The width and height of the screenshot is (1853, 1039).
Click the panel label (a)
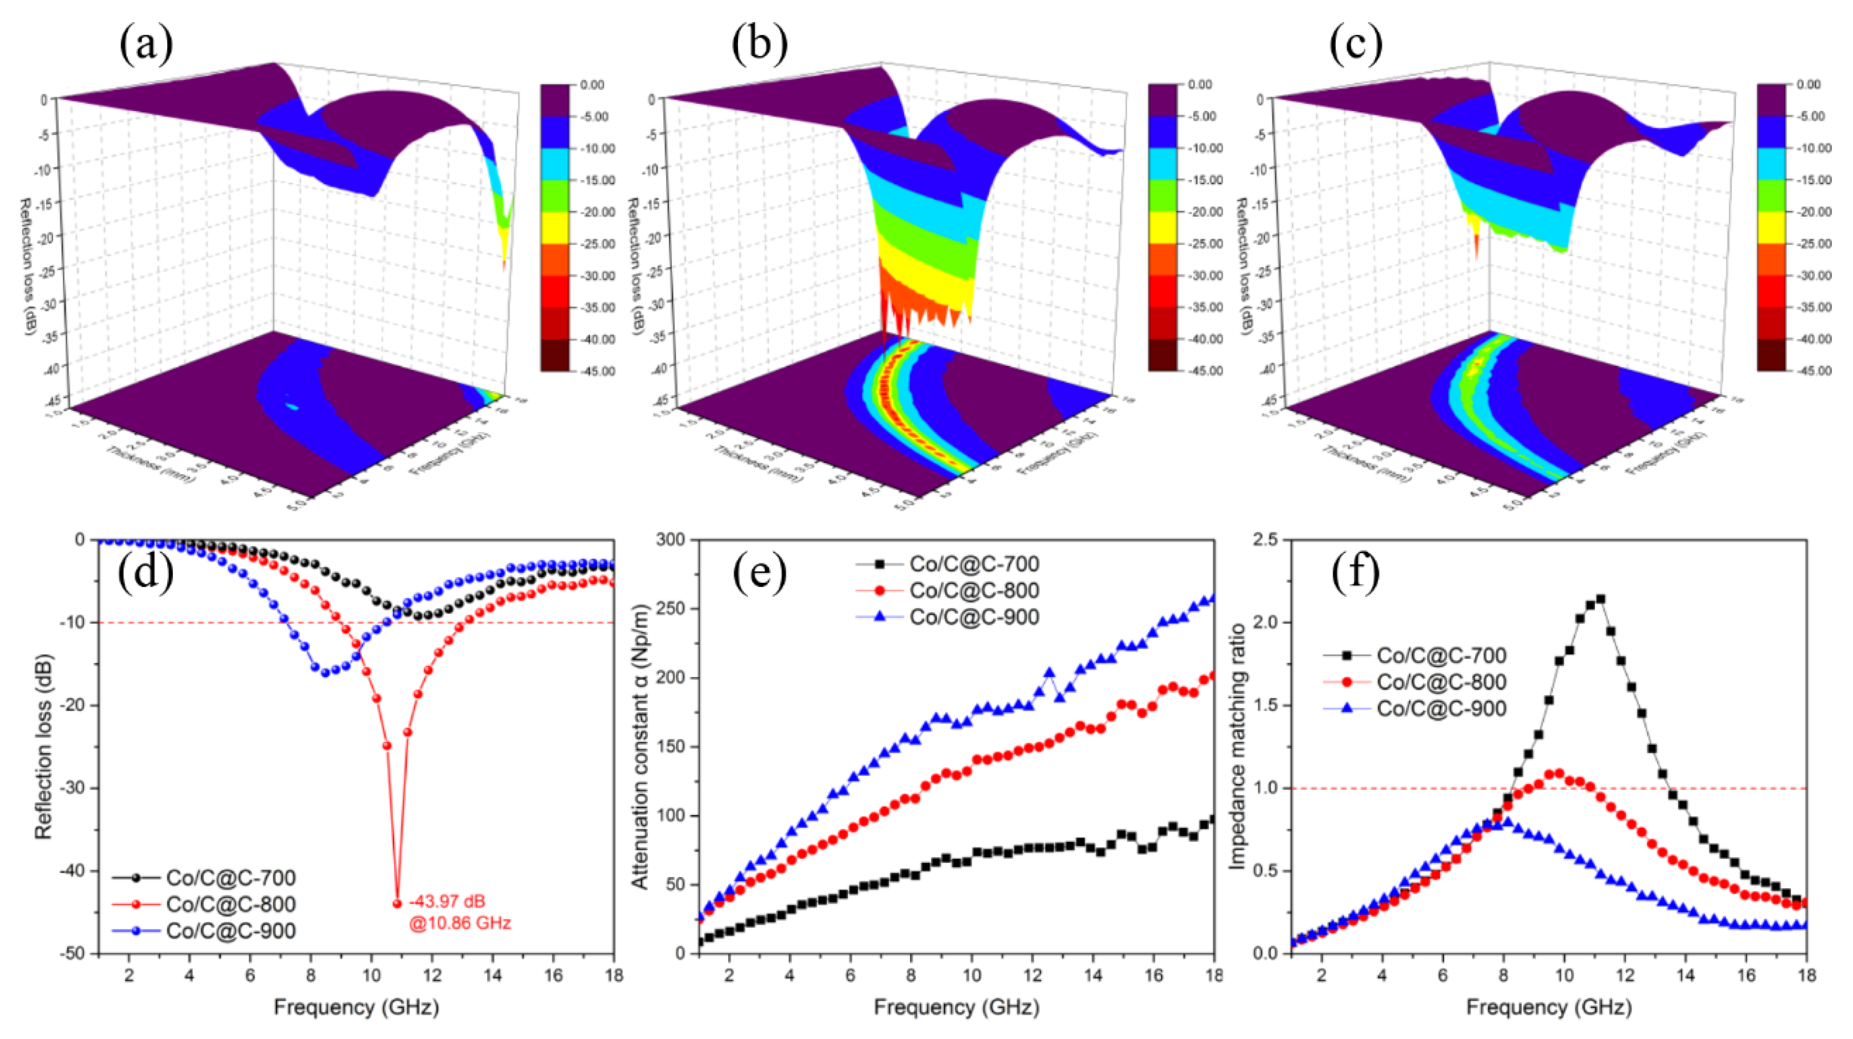pyautogui.click(x=147, y=44)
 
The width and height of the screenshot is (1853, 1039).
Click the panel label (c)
pyautogui.click(x=1355, y=44)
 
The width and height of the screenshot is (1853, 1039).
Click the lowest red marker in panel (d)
pyautogui.click(x=397, y=904)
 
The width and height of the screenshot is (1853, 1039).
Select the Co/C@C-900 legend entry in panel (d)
pyautogui.click(x=230, y=931)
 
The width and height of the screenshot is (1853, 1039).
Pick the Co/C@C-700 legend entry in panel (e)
pyautogui.click(x=974, y=564)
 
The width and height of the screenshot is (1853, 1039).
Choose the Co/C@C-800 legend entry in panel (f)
pyautogui.click(x=1441, y=682)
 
